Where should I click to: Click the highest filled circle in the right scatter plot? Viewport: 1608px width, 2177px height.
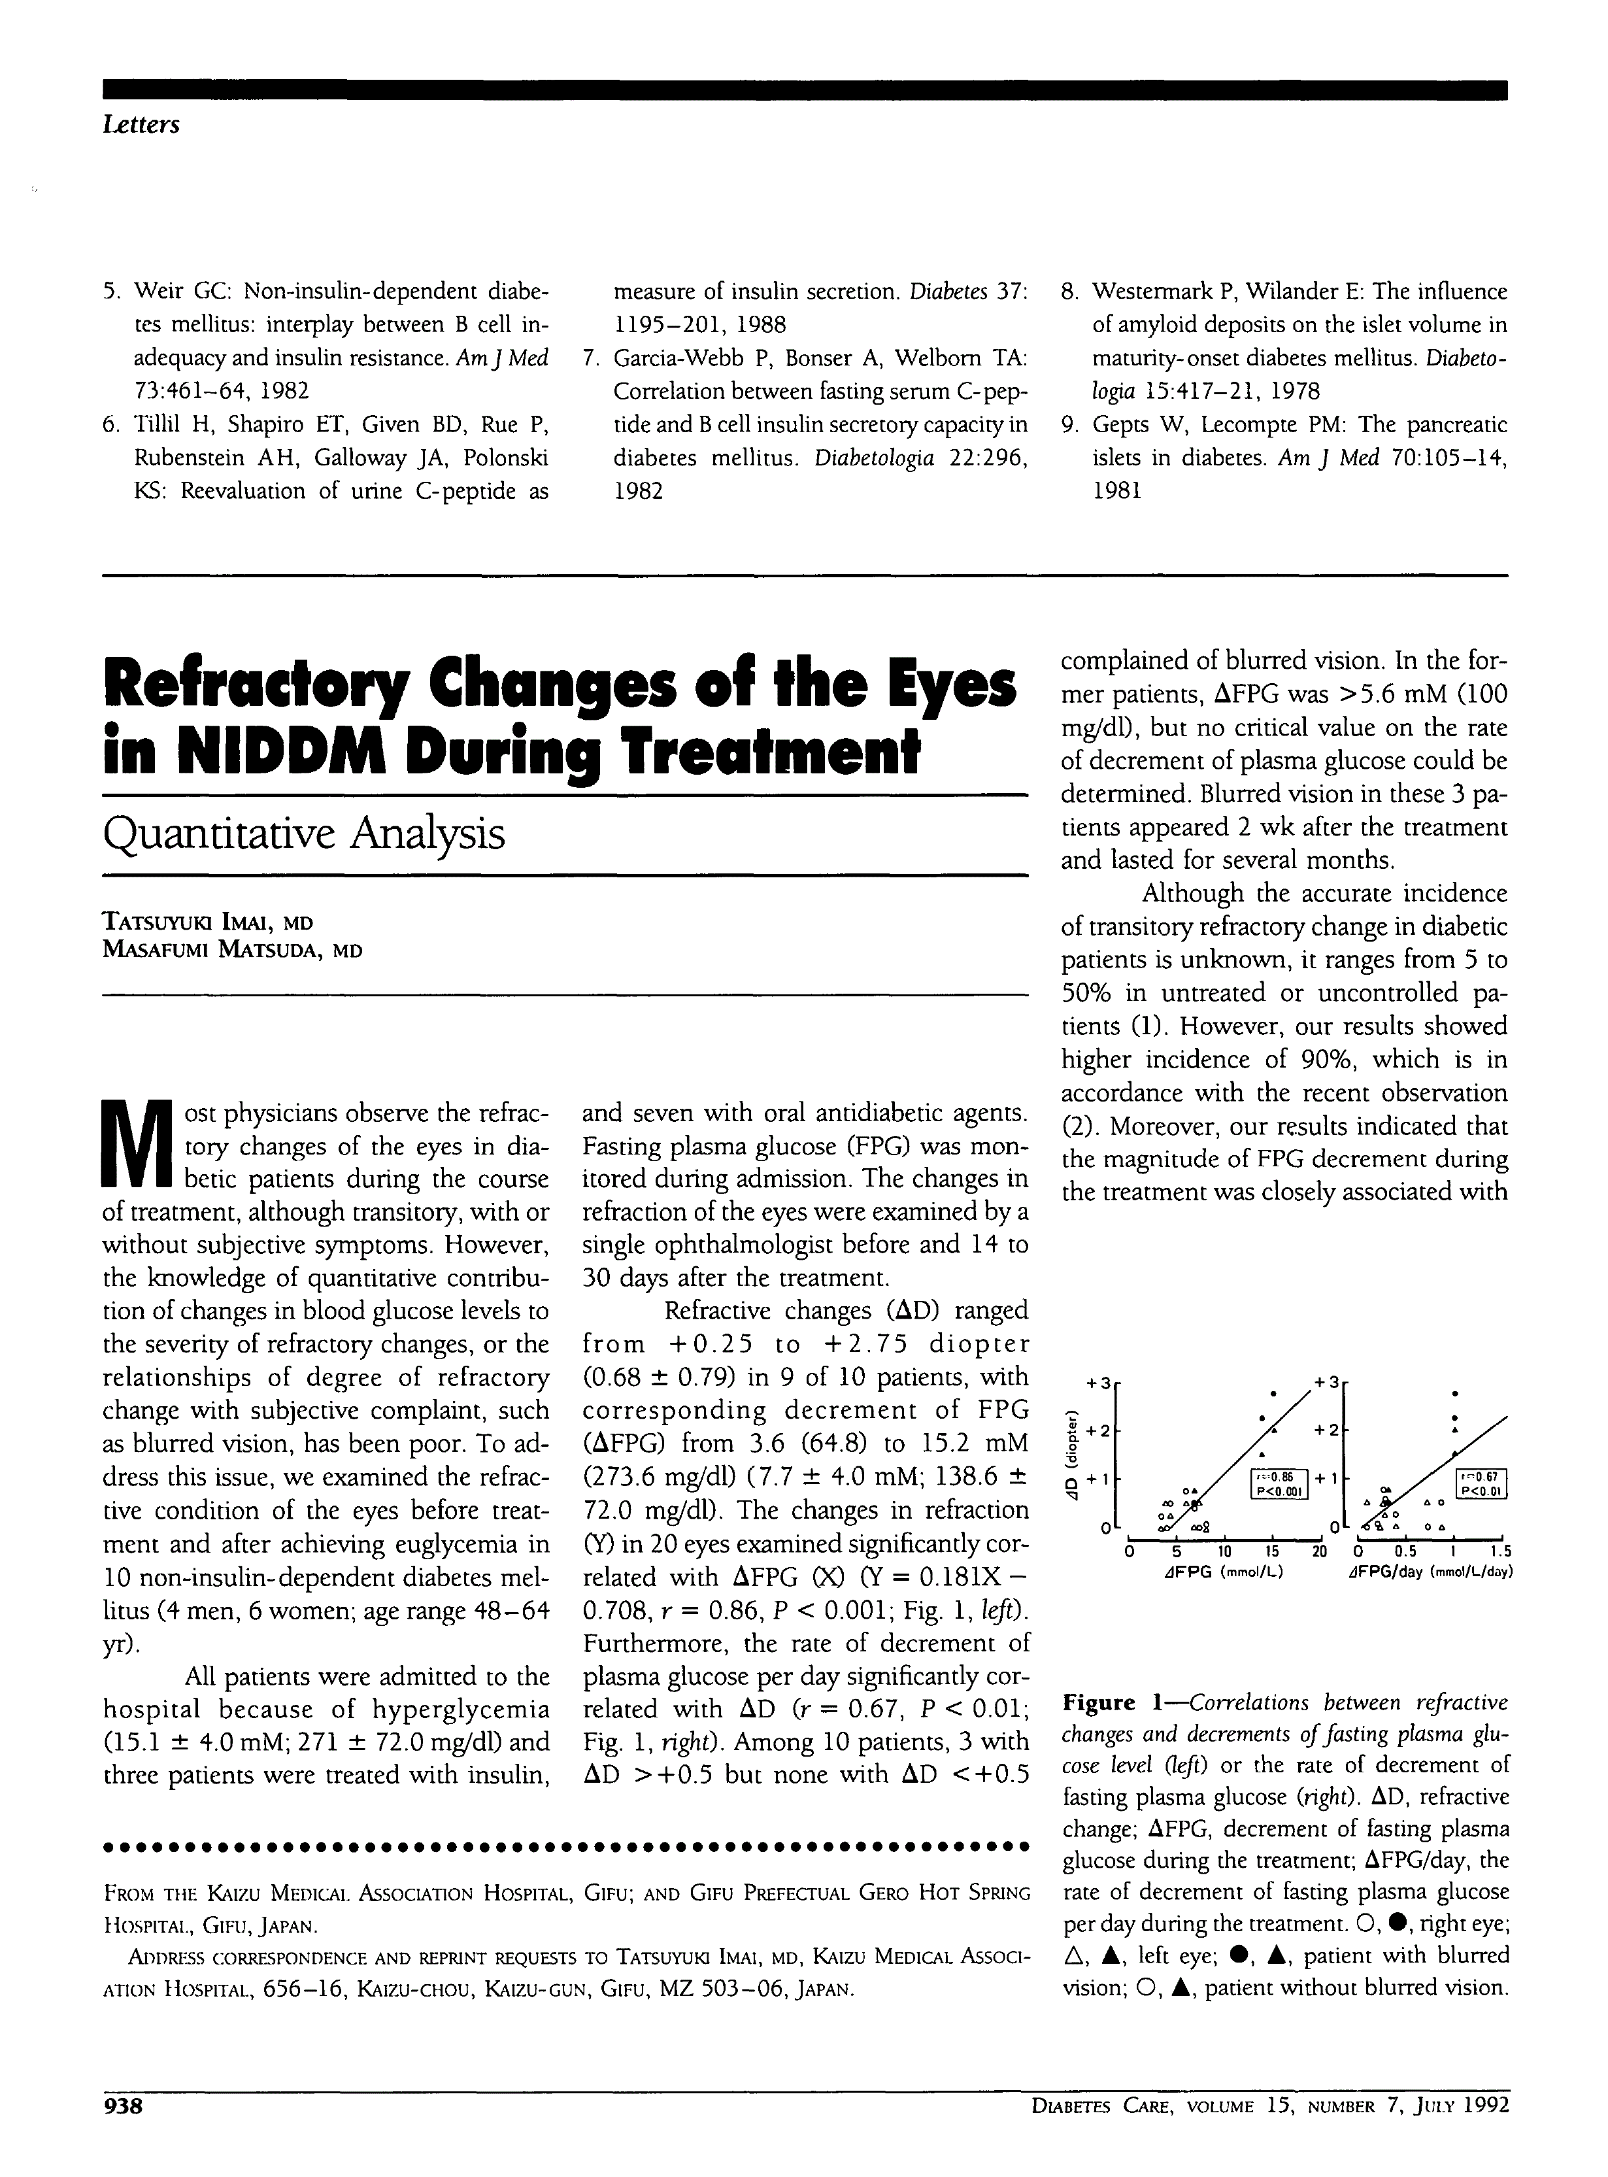(x=1454, y=1392)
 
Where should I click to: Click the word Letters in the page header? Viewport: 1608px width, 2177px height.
(x=141, y=126)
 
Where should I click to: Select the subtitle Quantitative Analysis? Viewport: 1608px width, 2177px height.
(x=304, y=834)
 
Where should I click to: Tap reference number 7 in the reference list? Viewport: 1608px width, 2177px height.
(x=590, y=358)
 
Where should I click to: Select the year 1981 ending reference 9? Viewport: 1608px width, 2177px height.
(x=1117, y=491)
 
